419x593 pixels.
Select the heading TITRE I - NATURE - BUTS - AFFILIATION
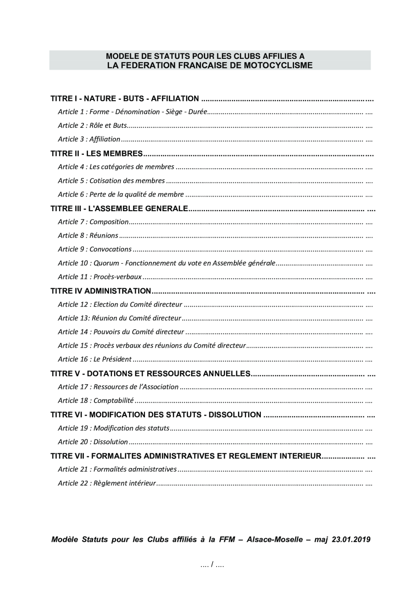[124, 99]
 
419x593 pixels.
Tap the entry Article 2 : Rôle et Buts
[92, 125]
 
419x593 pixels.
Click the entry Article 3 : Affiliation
[89, 139]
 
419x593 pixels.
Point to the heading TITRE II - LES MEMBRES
[97, 153]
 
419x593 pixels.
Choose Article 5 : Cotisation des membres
[111, 181]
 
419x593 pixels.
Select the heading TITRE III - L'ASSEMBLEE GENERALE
[119, 209]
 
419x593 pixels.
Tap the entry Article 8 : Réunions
[88, 236]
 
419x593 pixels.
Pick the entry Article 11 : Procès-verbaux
[99, 277]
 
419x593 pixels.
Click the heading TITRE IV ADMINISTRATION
[100, 291]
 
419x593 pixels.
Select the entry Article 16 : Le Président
[95, 359]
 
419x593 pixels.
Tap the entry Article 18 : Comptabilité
[96, 401]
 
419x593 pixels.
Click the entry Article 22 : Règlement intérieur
[107, 483]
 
